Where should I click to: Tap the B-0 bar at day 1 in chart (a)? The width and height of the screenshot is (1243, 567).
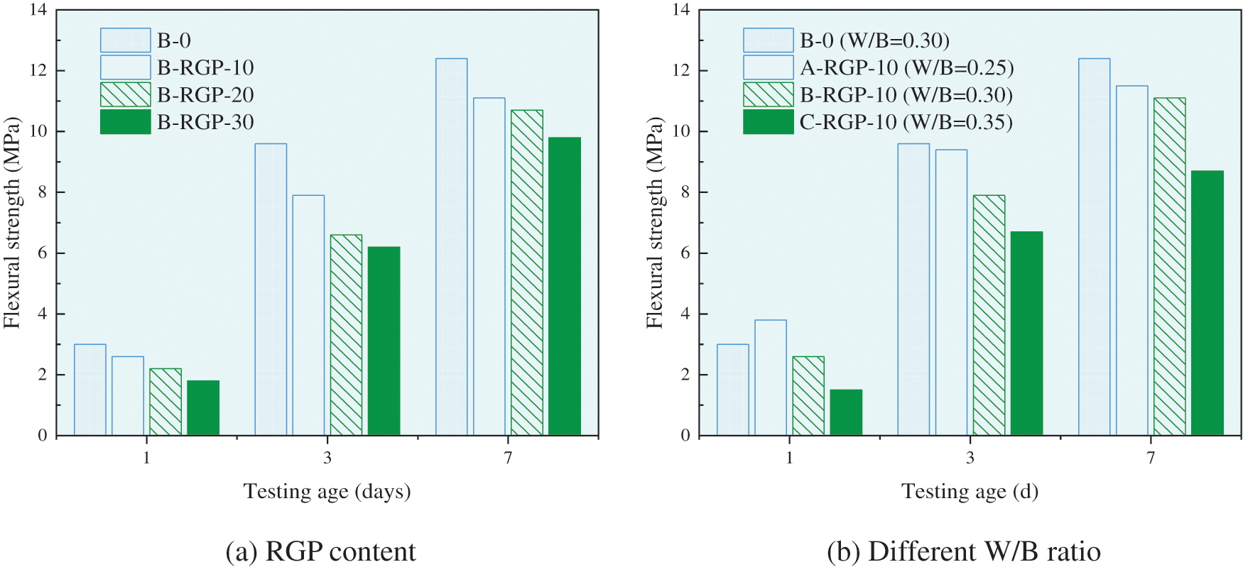90,390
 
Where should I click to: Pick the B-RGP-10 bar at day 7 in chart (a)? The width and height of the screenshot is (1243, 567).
489,266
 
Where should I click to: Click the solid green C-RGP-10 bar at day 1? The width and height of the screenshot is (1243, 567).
846,412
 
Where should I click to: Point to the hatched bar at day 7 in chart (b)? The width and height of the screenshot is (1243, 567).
1169,266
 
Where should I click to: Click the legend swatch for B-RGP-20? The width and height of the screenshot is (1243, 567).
126,94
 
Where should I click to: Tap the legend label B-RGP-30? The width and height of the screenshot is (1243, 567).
205,122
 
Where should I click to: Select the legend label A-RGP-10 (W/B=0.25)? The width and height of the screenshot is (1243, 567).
906,67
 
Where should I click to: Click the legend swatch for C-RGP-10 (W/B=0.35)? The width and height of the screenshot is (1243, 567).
768,122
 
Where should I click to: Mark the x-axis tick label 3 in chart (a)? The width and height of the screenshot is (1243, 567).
327,458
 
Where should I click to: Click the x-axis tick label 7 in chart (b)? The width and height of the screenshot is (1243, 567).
1151,458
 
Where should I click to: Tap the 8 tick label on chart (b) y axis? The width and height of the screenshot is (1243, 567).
684,192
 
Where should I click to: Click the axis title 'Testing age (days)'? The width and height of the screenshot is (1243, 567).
327,491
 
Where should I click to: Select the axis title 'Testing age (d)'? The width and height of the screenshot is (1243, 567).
970,491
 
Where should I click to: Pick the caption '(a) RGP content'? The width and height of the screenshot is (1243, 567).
320,551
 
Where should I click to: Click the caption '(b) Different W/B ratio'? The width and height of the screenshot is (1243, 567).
963,551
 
